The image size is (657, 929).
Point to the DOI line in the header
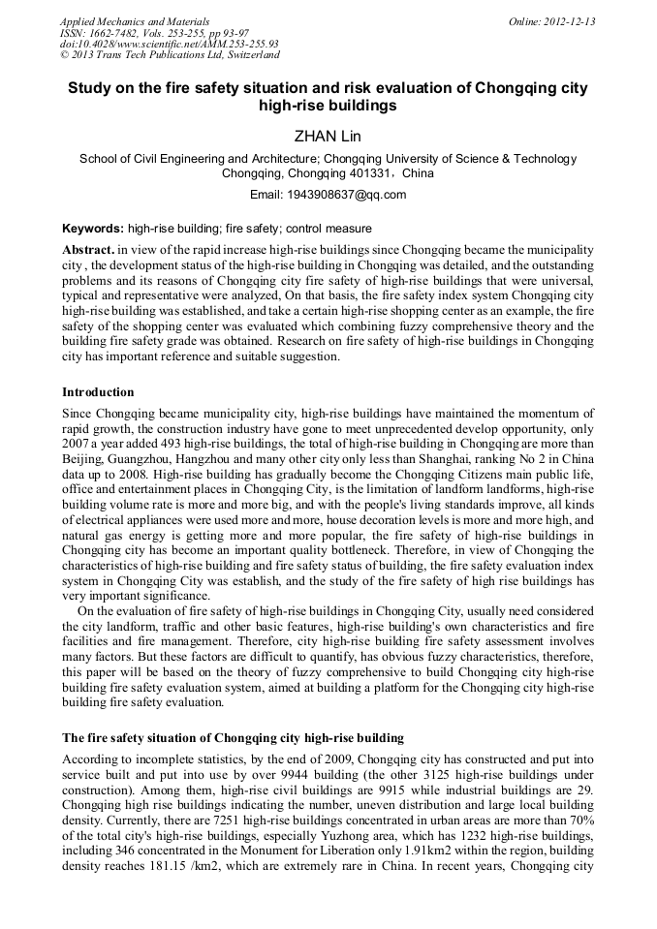click(169, 44)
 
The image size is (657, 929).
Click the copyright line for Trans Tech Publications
click(169, 55)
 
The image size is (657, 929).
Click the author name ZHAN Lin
click(328, 135)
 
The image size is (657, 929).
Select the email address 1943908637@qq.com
click(347, 194)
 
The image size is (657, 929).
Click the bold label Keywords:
click(93, 229)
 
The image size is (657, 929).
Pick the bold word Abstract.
click(87, 249)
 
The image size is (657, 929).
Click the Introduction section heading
click(98, 392)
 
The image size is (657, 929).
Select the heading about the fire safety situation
click(233, 737)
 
